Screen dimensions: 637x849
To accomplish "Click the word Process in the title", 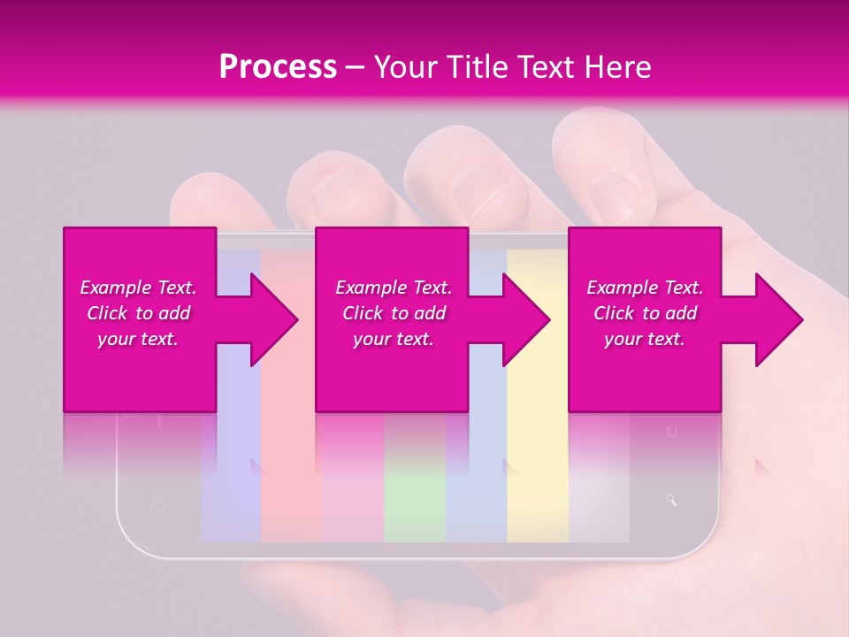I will click(x=278, y=67).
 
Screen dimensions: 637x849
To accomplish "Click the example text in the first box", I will click(x=138, y=313).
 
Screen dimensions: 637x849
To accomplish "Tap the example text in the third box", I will click(x=645, y=313).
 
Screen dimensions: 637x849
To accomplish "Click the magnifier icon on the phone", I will click(x=671, y=501).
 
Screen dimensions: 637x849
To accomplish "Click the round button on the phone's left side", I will click(x=158, y=505).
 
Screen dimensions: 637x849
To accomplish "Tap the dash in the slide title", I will click(x=356, y=67).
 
